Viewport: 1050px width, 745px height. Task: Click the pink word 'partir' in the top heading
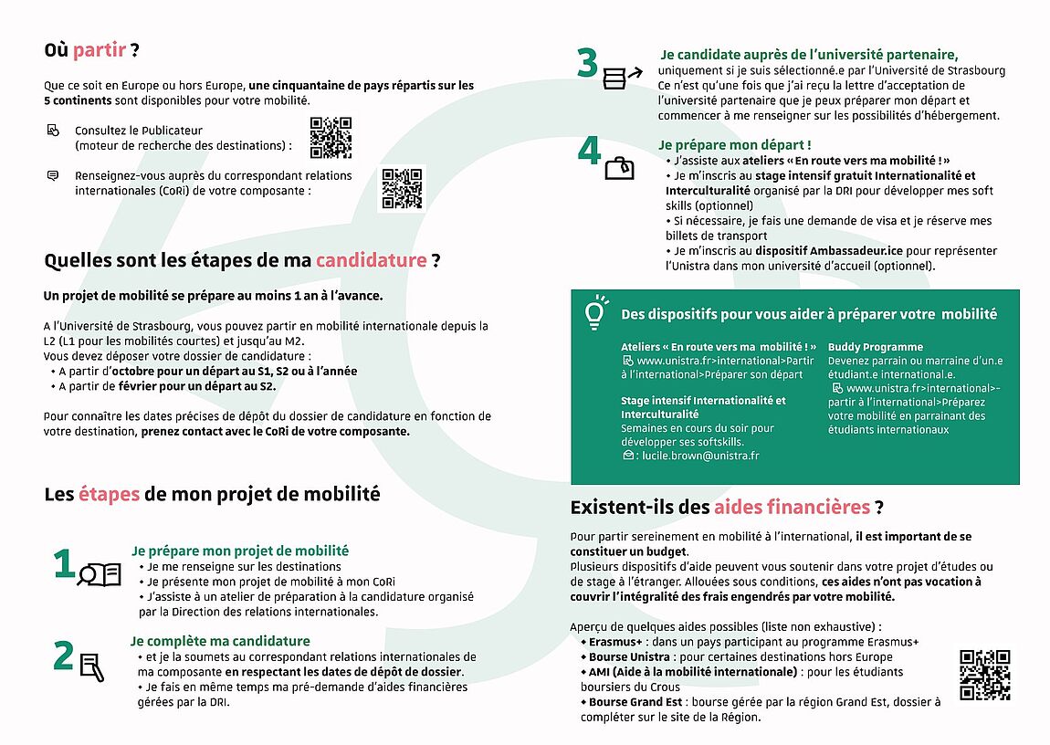99,50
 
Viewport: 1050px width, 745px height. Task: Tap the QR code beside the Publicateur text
331,138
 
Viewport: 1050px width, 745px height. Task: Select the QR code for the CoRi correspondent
402,189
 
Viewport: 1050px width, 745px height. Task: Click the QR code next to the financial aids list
984,675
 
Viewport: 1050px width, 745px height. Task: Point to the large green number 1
63,564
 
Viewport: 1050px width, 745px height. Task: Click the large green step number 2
63,656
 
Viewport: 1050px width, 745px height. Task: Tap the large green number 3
587,63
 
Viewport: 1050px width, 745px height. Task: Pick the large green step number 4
589,151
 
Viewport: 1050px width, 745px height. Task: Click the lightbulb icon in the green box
595,311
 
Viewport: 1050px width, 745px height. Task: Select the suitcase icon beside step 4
620,168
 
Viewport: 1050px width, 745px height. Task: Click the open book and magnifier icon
100,574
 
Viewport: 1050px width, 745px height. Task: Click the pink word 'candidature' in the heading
371,260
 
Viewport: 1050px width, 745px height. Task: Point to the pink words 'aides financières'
792,507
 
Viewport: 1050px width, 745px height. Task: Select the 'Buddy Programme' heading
863,347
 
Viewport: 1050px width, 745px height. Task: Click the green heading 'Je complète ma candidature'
220,641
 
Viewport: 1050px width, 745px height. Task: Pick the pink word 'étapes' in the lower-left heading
109,494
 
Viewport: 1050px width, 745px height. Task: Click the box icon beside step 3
615,77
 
